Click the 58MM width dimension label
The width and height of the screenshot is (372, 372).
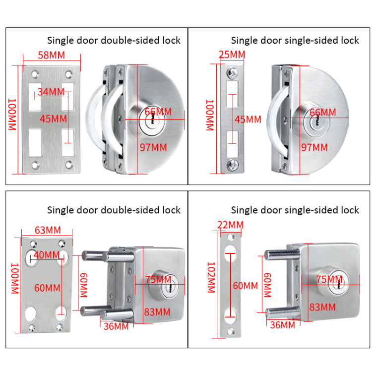(51, 56)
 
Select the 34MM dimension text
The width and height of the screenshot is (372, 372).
(51, 92)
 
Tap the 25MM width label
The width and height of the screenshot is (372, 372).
(232, 55)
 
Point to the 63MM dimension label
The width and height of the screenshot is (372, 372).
(47, 230)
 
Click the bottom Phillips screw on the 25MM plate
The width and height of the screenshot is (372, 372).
(232, 164)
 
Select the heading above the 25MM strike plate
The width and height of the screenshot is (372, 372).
(295, 40)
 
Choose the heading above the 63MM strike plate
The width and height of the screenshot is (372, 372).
(114, 210)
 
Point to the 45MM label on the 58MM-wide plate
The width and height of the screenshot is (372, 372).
(53, 119)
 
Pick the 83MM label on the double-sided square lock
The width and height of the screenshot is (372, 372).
(157, 311)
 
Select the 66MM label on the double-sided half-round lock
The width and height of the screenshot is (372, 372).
(158, 112)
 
